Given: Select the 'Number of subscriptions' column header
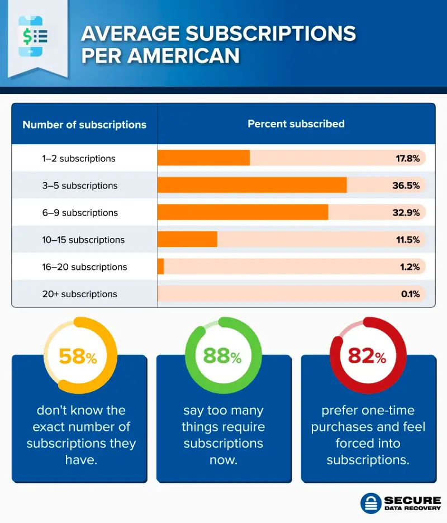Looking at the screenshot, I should (x=84, y=125).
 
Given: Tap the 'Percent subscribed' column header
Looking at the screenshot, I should (x=296, y=123).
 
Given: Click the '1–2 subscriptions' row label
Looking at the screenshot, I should (x=79, y=158).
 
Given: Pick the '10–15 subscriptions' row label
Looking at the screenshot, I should (x=83, y=240).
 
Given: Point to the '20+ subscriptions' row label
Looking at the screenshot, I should (x=80, y=294).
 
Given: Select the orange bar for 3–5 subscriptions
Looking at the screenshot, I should (x=252, y=186).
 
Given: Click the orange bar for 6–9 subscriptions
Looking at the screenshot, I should (x=242, y=212).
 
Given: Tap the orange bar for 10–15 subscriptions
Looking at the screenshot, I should (x=187, y=240).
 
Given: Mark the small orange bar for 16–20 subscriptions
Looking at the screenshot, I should (x=161, y=267).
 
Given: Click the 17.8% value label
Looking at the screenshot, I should (x=408, y=158).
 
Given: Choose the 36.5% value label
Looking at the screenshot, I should (x=406, y=186).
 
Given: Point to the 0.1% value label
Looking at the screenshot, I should (x=410, y=294).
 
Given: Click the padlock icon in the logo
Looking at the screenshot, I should (x=370, y=502).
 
